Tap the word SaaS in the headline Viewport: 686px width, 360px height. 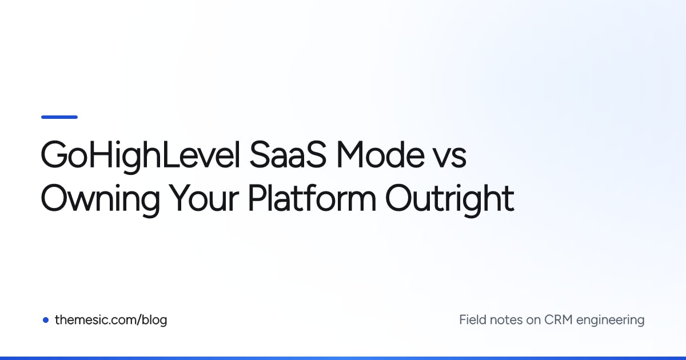tap(288, 155)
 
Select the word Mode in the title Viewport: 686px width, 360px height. tap(380, 154)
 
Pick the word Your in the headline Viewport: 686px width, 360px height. tap(204, 198)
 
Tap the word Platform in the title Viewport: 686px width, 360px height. tap(312, 198)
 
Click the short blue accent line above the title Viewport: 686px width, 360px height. tap(59, 117)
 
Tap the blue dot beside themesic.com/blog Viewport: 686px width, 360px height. tap(46, 320)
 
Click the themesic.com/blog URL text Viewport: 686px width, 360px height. tap(111, 320)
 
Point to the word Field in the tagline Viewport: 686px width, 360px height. tap(473, 320)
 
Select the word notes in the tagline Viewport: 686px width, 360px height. tap(506, 321)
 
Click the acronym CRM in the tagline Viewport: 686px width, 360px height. tap(559, 320)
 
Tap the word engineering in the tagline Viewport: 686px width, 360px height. tap(611, 321)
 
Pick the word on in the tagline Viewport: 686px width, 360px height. tap(533, 321)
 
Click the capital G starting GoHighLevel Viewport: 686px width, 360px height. tap(54, 155)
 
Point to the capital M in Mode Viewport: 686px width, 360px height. tap(350, 155)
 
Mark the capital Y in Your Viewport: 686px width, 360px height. tap(181, 198)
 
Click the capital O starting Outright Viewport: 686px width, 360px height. tap(399, 198)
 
